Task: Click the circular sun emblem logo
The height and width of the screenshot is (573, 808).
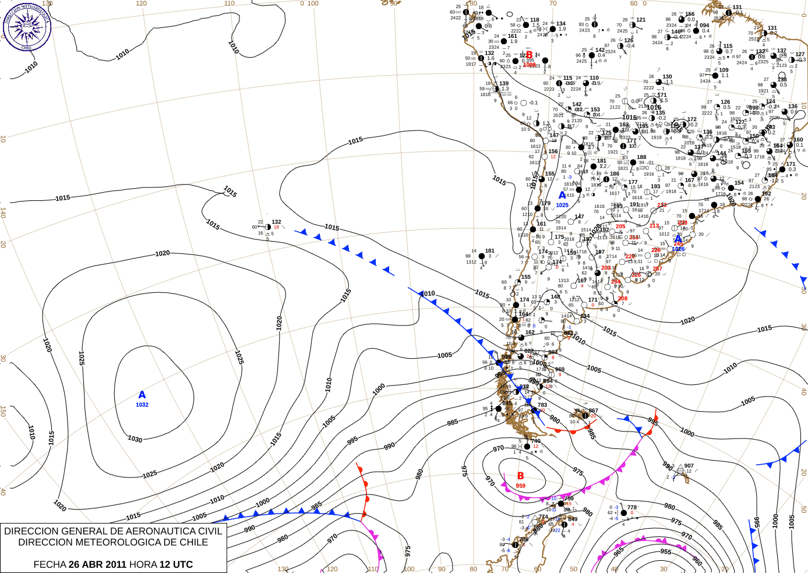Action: pyautogui.click(x=26, y=26)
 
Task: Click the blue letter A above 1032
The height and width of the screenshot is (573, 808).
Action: pyautogui.click(x=142, y=395)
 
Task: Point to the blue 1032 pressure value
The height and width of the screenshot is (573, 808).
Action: pyautogui.click(x=142, y=405)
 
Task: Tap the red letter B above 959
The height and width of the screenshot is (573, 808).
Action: pyautogui.click(x=520, y=476)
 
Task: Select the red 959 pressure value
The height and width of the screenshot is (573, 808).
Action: pyautogui.click(x=520, y=486)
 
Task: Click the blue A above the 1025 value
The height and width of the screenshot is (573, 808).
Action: pyautogui.click(x=562, y=196)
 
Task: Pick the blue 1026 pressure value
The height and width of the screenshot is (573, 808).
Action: pyautogui.click(x=678, y=249)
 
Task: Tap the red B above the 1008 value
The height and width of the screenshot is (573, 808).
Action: pyautogui.click(x=529, y=55)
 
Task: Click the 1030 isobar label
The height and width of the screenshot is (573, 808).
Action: pyautogui.click(x=135, y=438)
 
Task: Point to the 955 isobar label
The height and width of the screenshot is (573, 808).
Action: pyautogui.click(x=666, y=551)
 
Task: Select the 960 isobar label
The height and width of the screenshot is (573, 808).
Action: pyautogui.click(x=697, y=561)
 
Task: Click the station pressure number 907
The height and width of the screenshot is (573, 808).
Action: pyautogui.click(x=689, y=466)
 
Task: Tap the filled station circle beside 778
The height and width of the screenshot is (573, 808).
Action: pyautogui.click(x=623, y=513)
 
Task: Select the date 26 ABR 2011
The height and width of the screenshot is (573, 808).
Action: pyautogui.click(x=97, y=564)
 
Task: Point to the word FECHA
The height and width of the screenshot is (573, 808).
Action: pyautogui.click(x=50, y=564)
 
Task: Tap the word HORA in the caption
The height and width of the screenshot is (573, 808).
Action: pyautogui.click(x=143, y=564)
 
